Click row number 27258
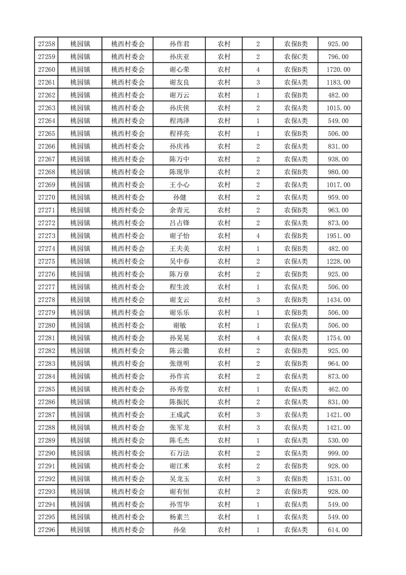pos(47,44)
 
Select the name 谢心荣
pos(179,70)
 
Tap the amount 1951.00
pos(339,236)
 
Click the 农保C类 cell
pos(296,57)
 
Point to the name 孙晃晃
pos(179,338)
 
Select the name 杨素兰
pos(179,517)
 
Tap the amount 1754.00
pos(339,338)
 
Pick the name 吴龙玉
pos(179,479)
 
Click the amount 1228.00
pos(339,261)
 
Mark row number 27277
pos(47,287)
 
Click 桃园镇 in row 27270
pos(80,197)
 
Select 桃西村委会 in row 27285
pos(128,389)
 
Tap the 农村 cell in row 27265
pos(224,134)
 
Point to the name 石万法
pos(179,453)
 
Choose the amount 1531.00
pos(339,479)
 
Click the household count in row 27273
pos(258,236)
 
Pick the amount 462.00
pos(339,389)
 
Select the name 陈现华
pos(179,172)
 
